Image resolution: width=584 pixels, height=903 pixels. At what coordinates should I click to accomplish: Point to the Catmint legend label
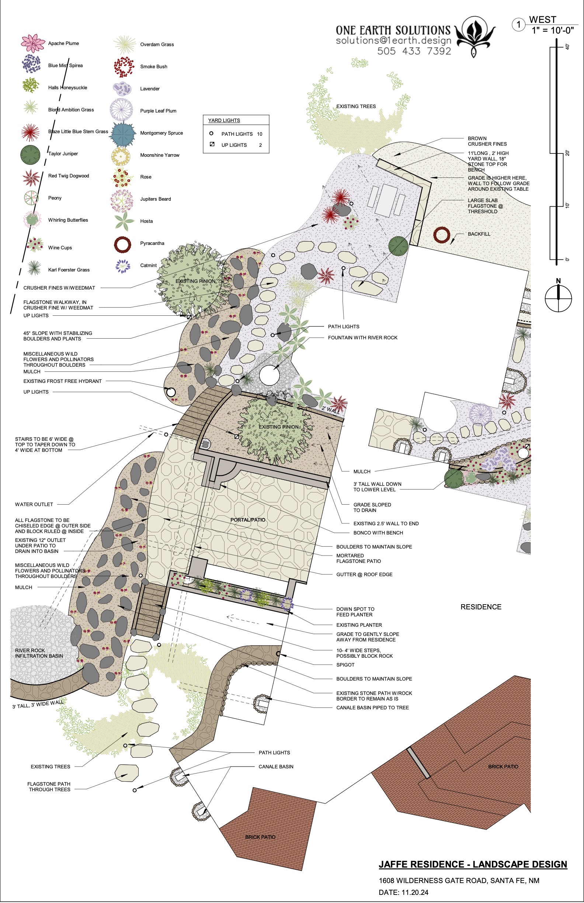[x=148, y=266]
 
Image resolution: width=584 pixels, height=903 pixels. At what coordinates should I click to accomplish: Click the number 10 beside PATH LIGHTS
[x=260, y=134]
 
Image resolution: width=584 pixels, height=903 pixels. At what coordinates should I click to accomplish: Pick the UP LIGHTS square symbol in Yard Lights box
[x=212, y=144]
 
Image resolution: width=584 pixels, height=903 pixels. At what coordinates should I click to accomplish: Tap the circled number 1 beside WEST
[x=518, y=25]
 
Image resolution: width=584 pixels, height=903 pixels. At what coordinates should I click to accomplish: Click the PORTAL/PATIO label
[x=248, y=520]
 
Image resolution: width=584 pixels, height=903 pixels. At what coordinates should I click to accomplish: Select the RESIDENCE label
[x=481, y=607]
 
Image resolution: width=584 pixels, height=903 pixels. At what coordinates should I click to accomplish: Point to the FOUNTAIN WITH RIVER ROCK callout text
[x=362, y=338]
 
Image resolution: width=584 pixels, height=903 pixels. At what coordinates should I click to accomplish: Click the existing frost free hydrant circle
[x=170, y=392]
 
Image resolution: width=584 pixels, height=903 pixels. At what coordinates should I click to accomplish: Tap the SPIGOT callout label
[x=345, y=665]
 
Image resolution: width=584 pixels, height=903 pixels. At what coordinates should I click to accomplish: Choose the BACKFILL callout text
[x=479, y=234]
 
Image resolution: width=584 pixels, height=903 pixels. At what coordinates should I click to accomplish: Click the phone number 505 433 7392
[x=414, y=51]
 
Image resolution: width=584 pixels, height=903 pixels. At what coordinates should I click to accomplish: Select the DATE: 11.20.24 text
[x=403, y=893]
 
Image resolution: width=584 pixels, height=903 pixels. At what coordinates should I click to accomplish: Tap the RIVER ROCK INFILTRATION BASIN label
[x=39, y=653]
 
